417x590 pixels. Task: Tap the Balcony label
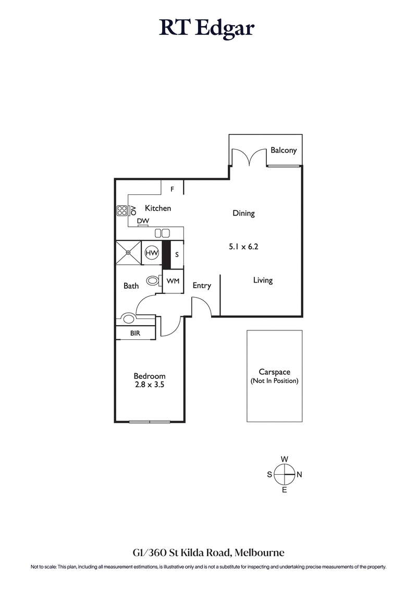click(x=284, y=150)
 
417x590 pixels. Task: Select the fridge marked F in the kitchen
click(x=172, y=189)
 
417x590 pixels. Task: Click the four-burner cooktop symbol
click(x=122, y=211)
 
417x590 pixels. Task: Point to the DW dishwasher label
click(x=143, y=221)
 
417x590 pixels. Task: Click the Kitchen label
click(x=158, y=208)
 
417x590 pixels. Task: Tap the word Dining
click(x=243, y=213)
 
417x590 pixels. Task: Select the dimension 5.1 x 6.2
click(x=243, y=247)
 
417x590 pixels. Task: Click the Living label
click(x=263, y=280)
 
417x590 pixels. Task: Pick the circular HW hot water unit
click(x=152, y=253)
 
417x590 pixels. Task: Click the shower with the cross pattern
click(x=128, y=253)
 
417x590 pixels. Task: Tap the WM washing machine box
click(x=173, y=281)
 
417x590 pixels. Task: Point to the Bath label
click(x=131, y=286)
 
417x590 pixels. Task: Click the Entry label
click(x=202, y=286)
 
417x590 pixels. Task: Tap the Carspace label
click(x=274, y=372)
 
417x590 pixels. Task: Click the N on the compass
click(x=299, y=474)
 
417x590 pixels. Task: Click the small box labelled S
click(x=177, y=254)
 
